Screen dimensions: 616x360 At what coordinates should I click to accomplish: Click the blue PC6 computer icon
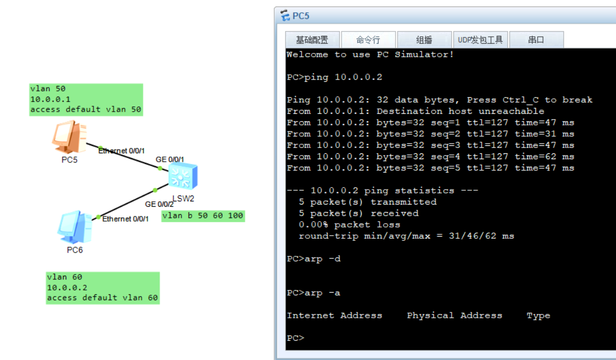75,227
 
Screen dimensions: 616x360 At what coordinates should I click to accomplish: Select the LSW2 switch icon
183,176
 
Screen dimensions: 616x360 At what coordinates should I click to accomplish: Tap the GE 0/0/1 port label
170,160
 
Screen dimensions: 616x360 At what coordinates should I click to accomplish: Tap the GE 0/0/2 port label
159,205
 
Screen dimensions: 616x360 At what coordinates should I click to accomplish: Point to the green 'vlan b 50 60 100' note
203,216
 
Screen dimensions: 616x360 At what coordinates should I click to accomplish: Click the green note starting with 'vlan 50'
86,99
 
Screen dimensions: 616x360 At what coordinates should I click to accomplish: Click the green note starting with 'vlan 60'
102,288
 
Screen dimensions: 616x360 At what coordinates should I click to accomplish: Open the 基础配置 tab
312,40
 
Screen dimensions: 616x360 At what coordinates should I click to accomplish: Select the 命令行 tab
368,40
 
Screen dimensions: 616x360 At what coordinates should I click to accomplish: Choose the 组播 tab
424,40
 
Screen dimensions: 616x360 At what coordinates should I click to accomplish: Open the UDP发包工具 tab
480,40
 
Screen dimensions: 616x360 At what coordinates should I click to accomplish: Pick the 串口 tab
536,40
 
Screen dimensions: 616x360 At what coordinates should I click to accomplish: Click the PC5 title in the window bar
301,16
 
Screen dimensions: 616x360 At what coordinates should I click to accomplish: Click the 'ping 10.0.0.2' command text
343,77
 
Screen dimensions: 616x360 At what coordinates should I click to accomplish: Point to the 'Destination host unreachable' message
461,111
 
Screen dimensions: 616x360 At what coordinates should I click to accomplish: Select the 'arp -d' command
322,259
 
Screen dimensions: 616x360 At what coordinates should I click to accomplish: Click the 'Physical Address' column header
455,316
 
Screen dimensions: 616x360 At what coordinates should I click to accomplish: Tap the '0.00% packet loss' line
349,225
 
